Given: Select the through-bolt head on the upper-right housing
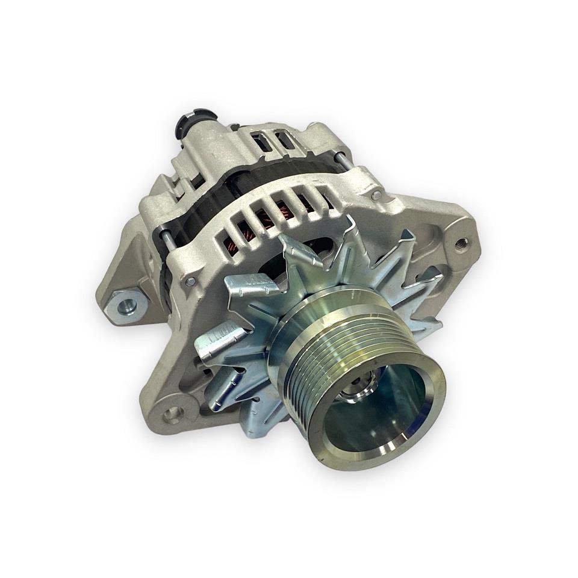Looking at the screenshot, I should [376, 194].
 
